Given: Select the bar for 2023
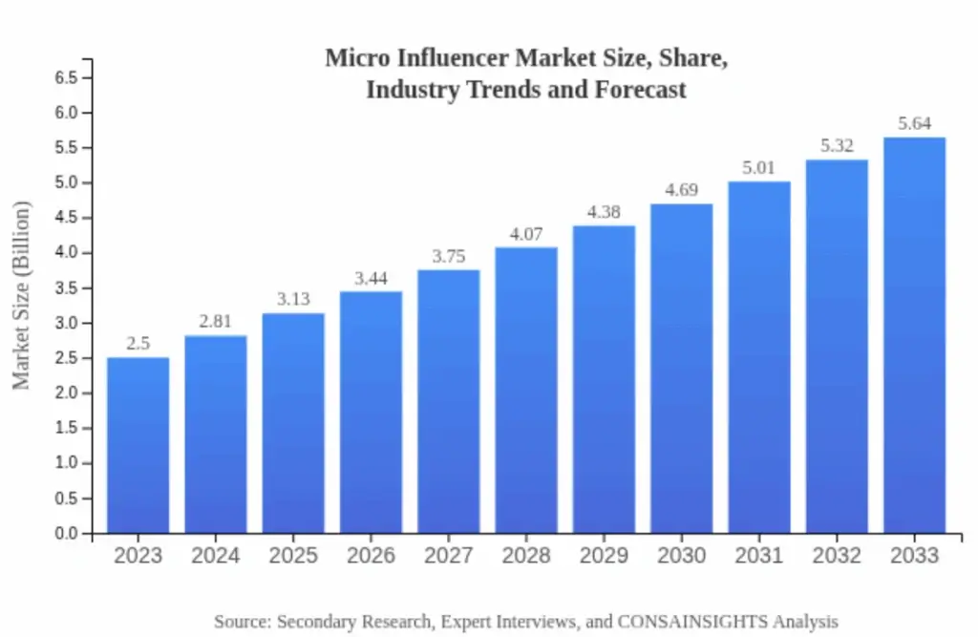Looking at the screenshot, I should (138, 445).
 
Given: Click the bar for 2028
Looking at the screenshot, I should (526, 390).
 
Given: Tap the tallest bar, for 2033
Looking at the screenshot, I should (914, 335).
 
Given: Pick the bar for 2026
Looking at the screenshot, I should (371, 412).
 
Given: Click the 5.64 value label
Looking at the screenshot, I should (914, 123).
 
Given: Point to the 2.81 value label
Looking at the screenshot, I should (215, 322).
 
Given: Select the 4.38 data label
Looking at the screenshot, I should (604, 212).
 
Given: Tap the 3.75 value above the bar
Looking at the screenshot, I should (448, 256).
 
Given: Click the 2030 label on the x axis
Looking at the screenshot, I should (681, 556).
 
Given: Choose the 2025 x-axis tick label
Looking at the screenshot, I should (293, 556).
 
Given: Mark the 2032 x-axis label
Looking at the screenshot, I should (837, 556).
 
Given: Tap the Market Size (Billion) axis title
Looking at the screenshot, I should (21, 295).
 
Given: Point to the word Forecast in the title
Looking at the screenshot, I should (644, 90).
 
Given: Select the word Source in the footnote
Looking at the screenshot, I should (241, 621).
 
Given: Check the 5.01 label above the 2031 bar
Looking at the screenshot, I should (759, 168).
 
